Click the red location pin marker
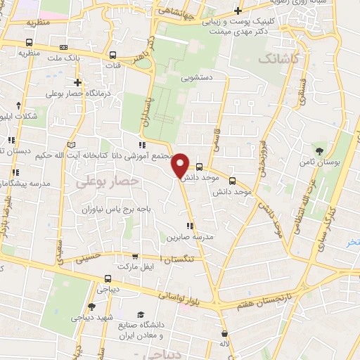tap(181, 165)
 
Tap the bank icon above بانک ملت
tap(64, 48)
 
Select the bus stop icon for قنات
tap(112, 54)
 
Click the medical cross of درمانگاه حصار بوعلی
tap(78, 82)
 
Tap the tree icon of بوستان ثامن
tap(320, 150)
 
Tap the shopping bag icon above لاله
tap(223, 333)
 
